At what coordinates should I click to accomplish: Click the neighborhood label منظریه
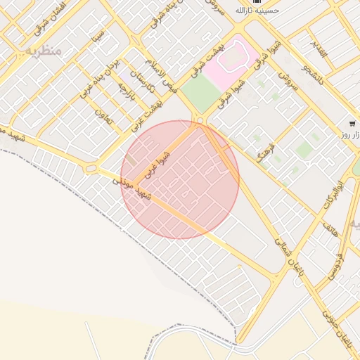tap(43, 51)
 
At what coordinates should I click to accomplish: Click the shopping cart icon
tap(351, 124)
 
